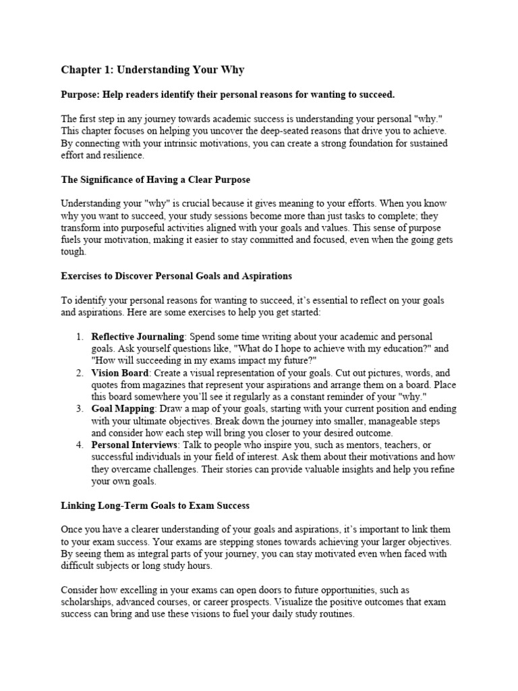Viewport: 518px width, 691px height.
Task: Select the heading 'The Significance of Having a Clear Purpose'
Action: pos(155,179)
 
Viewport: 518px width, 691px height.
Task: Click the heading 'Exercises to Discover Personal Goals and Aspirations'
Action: pos(177,277)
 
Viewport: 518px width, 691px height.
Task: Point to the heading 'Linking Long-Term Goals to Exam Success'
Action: pos(155,505)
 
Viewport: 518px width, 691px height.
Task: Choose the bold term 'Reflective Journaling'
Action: pos(138,336)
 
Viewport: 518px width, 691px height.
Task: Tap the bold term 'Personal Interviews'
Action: pos(134,445)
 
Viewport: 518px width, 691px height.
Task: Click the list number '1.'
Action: pos(79,336)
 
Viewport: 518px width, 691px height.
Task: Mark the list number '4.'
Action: pos(79,445)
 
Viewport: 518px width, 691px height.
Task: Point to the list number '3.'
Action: pos(79,408)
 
